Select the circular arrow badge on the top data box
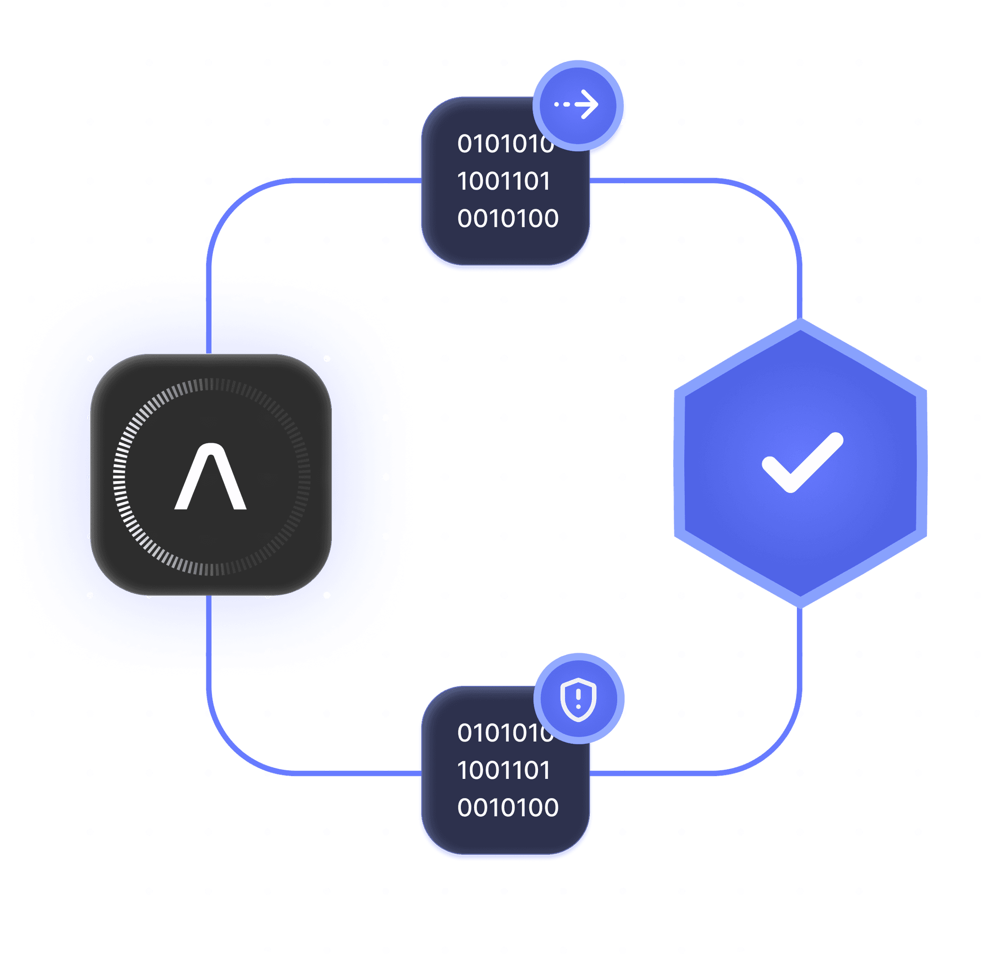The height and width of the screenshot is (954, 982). point(578,105)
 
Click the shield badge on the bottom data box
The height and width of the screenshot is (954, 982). point(579,698)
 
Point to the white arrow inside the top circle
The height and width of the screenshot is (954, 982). point(584,105)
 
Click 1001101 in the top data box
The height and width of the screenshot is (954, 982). point(503,181)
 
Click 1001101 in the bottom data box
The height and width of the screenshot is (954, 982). point(503,771)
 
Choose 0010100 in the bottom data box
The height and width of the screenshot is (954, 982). point(507,808)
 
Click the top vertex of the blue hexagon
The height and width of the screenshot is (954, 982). point(801,321)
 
